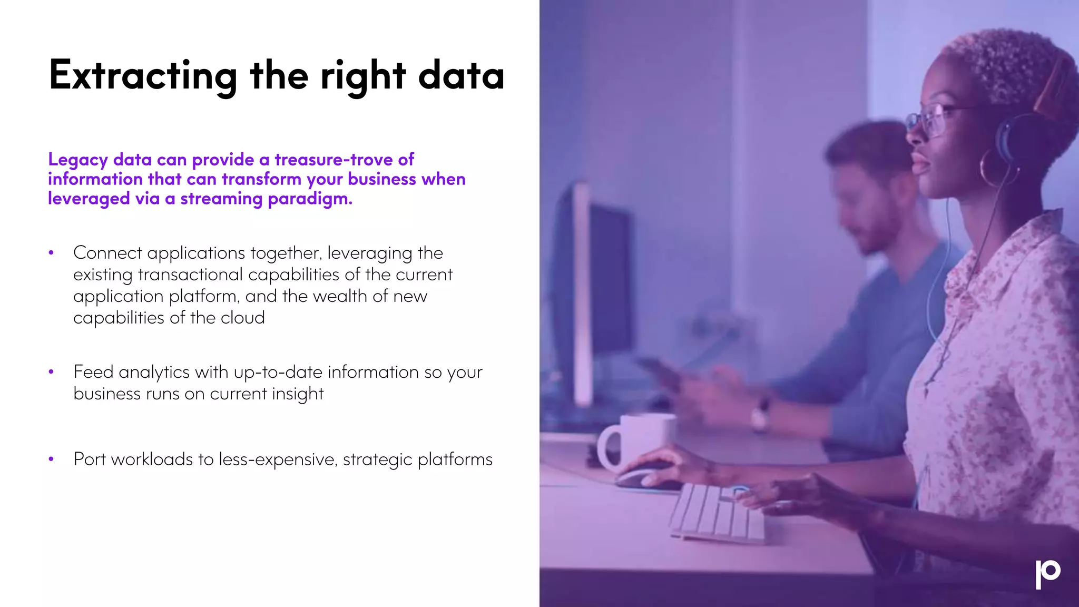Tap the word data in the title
(x=461, y=76)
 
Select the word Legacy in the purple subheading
(x=78, y=160)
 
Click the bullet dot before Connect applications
(x=51, y=253)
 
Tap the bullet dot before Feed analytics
(x=51, y=372)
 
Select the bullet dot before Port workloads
(x=51, y=459)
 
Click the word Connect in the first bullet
(x=107, y=253)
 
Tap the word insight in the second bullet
(x=298, y=394)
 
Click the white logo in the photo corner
(x=1047, y=574)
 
